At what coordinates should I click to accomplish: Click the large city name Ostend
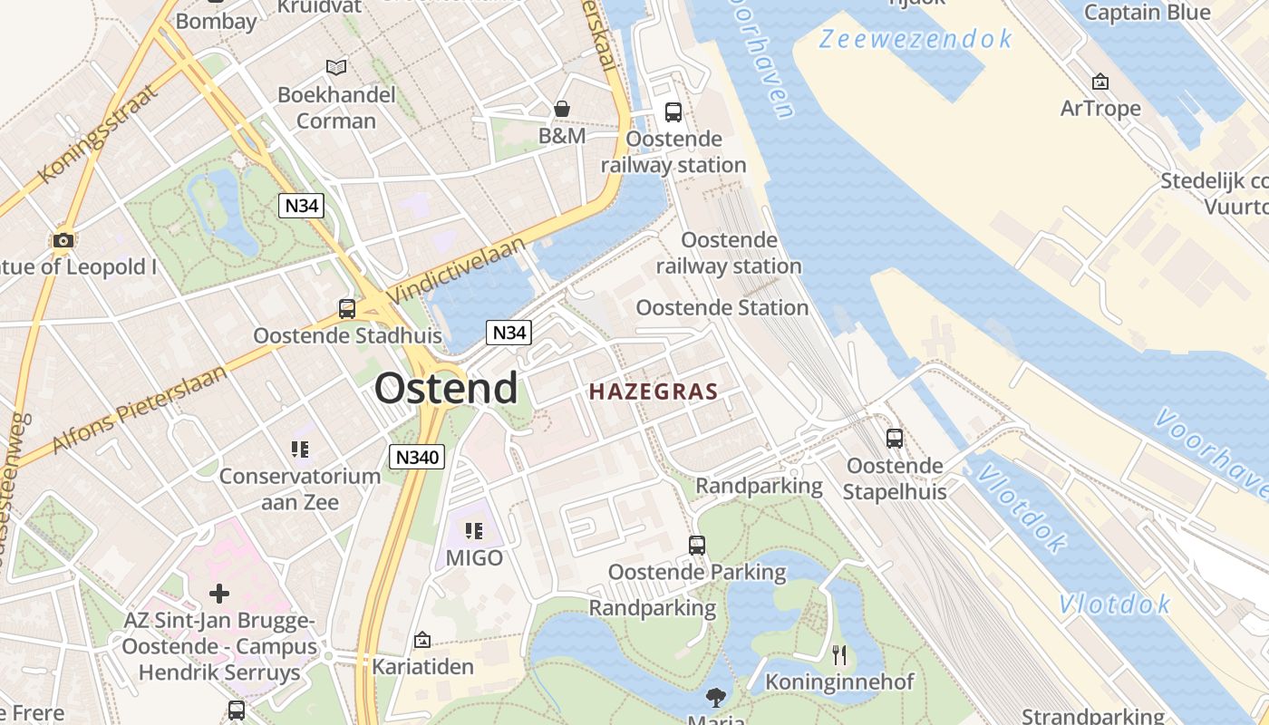(446, 389)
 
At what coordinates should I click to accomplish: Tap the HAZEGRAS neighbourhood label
(653, 392)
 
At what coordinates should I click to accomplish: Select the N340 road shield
(417, 457)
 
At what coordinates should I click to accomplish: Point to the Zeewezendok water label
(915, 39)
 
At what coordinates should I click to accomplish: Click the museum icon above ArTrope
(1100, 82)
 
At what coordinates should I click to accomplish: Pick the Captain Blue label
(1147, 13)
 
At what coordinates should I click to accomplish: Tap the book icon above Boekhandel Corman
(336, 67)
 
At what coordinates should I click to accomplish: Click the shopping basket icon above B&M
(562, 110)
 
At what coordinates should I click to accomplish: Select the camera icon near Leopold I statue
(63, 240)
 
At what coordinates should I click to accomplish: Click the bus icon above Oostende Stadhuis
(346, 309)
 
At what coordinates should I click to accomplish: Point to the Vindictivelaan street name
(457, 270)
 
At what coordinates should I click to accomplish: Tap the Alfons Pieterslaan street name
(140, 410)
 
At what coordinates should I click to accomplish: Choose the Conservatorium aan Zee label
(300, 488)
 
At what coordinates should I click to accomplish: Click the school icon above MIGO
(473, 531)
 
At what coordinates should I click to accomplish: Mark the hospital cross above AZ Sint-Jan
(219, 594)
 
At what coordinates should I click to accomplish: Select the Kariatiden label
(422, 667)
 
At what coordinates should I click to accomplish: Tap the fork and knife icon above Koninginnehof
(839, 654)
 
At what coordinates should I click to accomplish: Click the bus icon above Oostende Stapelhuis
(895, 439)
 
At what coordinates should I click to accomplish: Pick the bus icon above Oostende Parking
(696, 546)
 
